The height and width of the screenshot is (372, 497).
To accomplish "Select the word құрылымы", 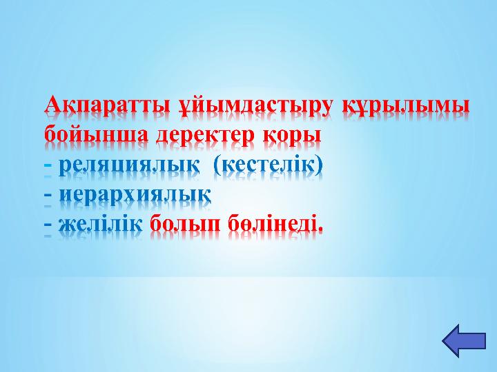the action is [406, 107].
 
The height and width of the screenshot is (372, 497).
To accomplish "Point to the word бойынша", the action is [96, 134].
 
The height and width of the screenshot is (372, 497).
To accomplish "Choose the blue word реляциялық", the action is [129, 165].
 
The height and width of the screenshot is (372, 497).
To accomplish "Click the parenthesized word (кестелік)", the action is [268, 165].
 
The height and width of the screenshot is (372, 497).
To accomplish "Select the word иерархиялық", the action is [135, 194].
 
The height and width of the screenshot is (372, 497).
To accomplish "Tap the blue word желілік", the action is [100, 223].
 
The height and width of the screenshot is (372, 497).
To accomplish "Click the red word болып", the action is [185, 224].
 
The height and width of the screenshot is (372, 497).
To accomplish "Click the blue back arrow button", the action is [464, 341].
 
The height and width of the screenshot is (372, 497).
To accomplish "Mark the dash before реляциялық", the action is [48, 165].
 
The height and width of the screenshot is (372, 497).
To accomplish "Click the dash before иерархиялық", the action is [48, 195].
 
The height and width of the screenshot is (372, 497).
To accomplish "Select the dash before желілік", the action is [48, 224].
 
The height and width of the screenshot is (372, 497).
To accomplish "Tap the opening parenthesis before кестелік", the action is [217, 165].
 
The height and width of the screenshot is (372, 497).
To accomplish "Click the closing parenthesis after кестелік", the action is [319, 165].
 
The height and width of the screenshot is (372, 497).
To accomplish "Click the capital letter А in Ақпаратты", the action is [52, 105].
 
